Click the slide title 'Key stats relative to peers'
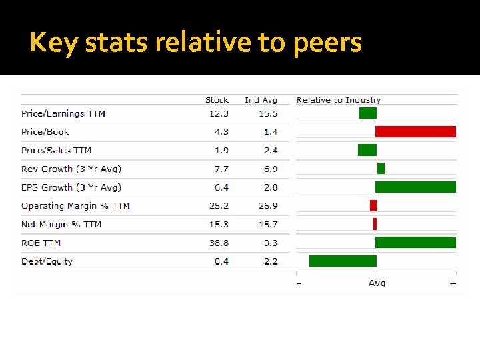click(x=196, y=43)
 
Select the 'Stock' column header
click(x=217, y=100)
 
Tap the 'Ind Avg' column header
click(x=261, y=100)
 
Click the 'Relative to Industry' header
click(x=338, y=100)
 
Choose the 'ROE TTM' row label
click(x=41, y=243)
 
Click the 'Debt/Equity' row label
click(x=47, y=261)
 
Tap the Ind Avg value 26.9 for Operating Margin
click(x=268, y=206)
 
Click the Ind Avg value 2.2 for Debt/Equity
click(x=270, y=261)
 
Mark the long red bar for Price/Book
click(x=415, y=131)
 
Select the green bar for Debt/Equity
click(x=343, y=261)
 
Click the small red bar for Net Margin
click(x=375, y=224)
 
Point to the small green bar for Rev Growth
click(x=381, y=168)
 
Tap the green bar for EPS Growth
click(x=415, y=187)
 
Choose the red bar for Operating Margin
click(x=373, y=205)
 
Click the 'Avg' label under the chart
click(x=377, y=283)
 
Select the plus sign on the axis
click(x=453, y=283)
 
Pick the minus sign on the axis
click(x=299, y=283)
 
